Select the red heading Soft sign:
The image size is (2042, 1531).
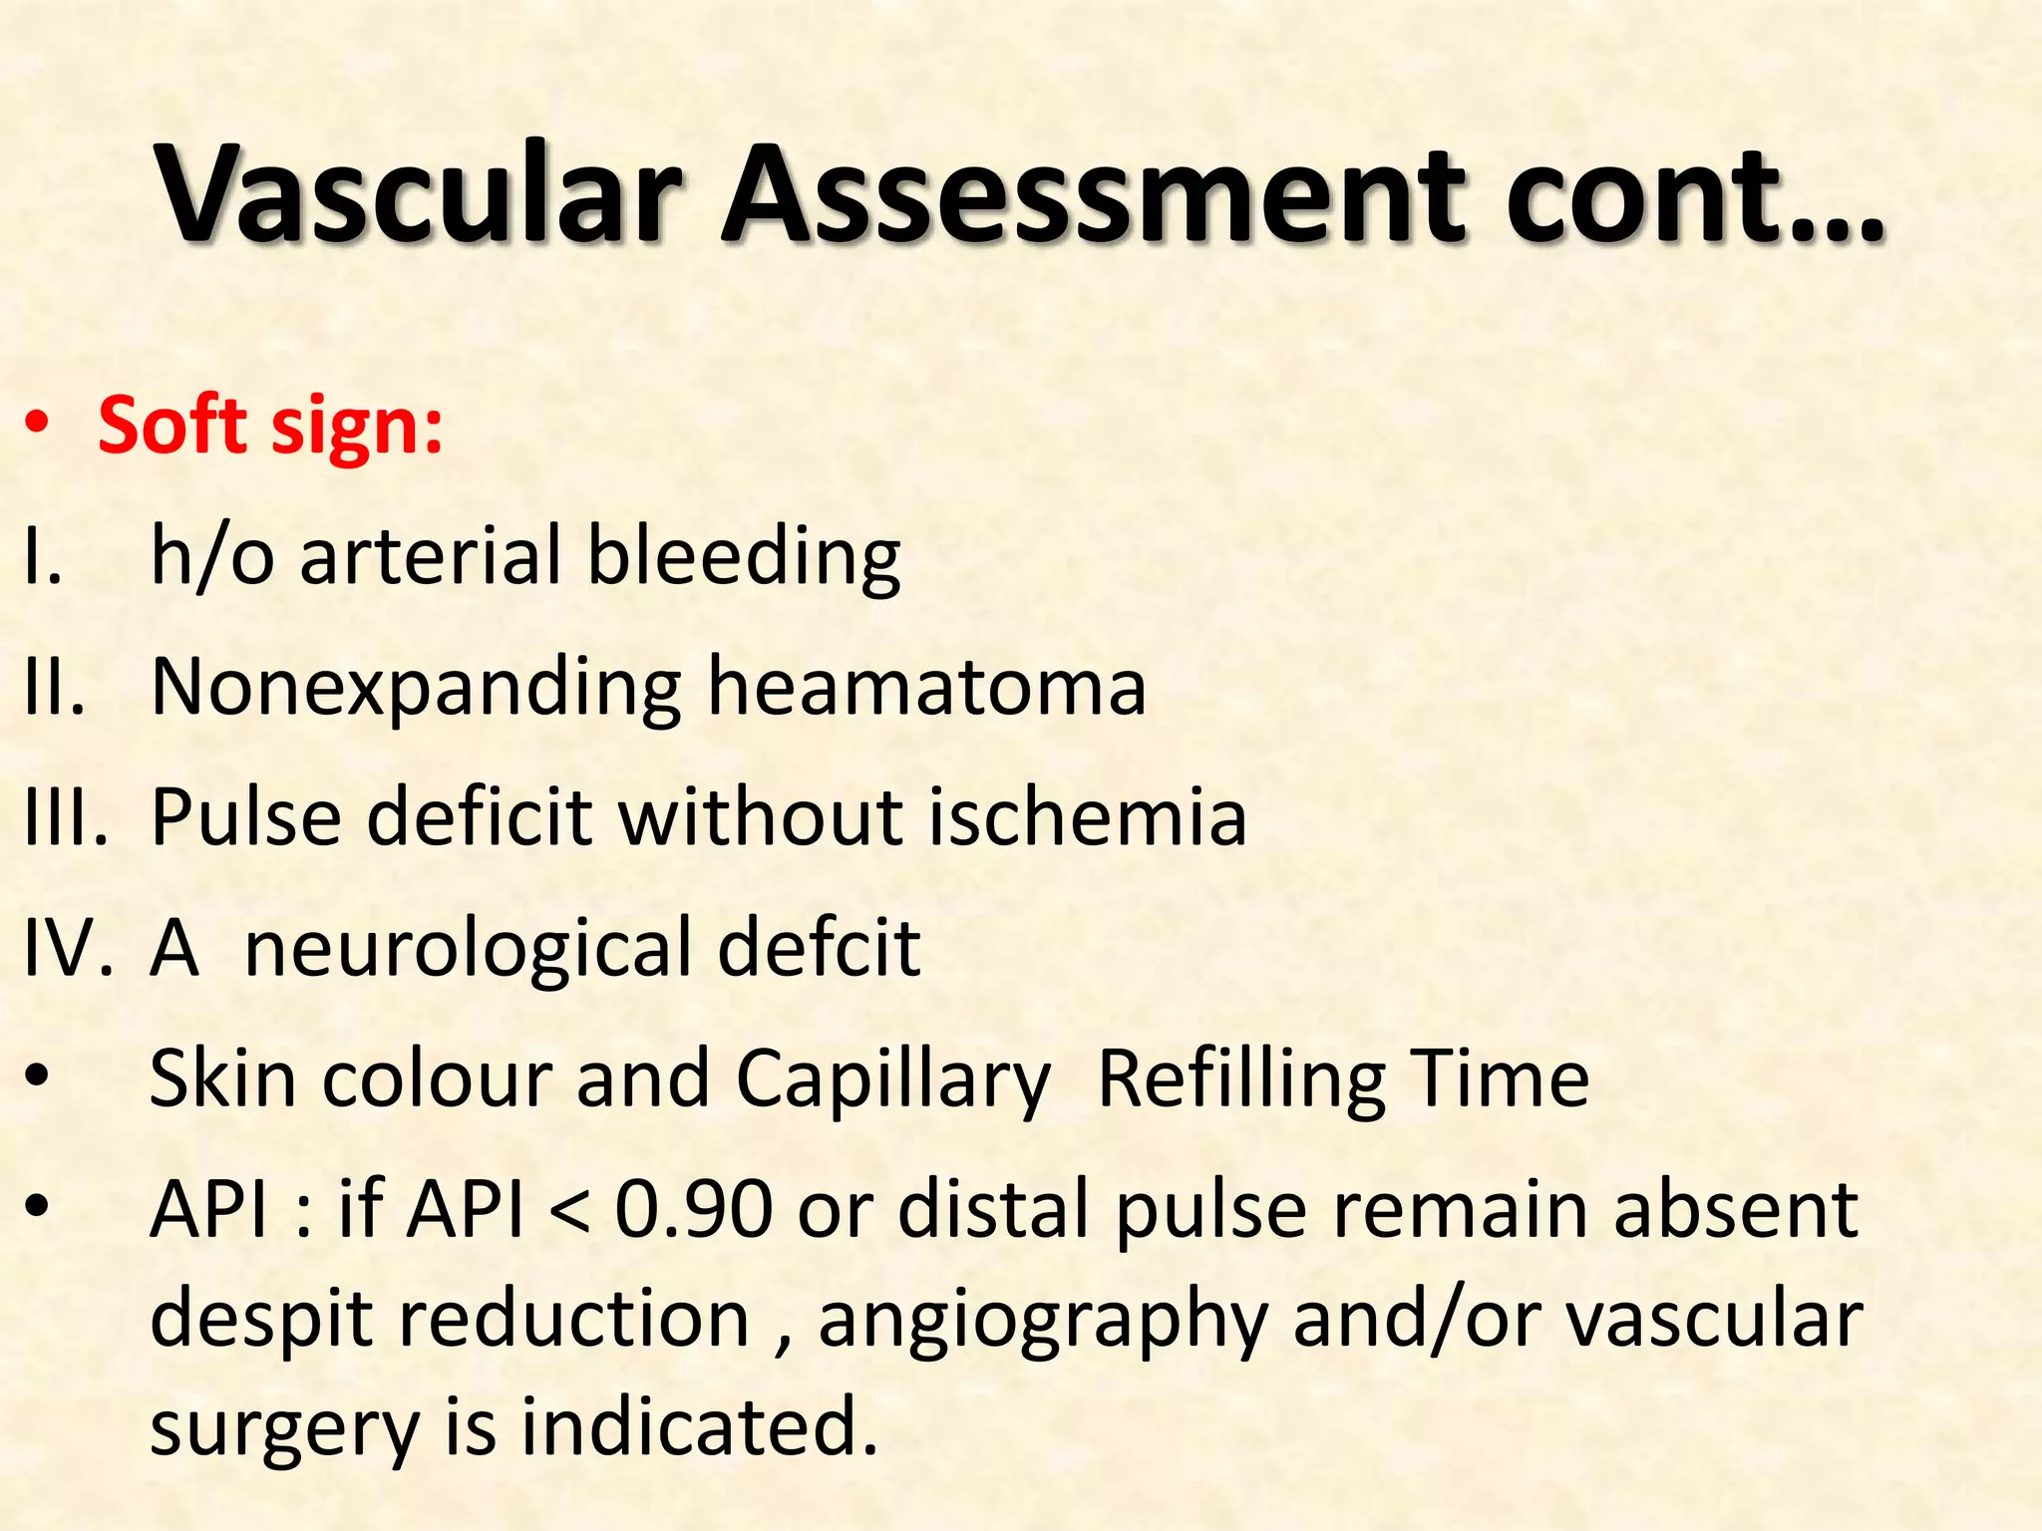[270, 427]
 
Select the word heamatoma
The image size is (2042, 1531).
[926, 687]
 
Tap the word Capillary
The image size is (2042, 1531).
[893, 1082]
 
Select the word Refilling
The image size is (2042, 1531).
[1242, 1080]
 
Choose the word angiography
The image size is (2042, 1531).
[1043, 1322]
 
